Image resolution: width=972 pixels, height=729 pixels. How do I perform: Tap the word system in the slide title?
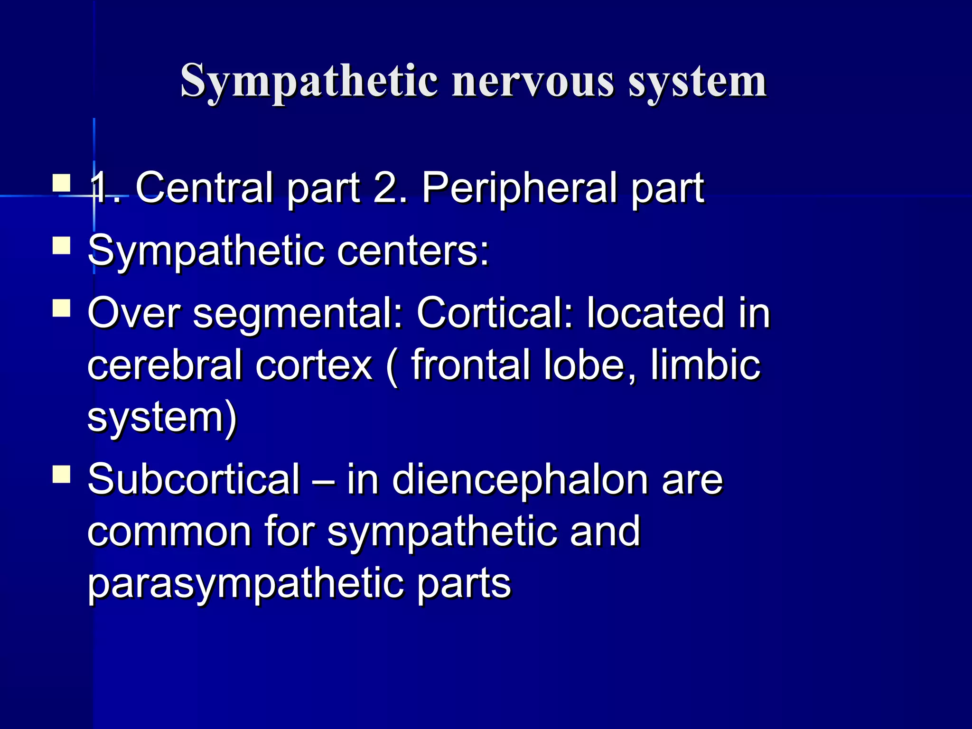coord(697,82)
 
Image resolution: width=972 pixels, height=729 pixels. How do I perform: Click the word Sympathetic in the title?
coord(309,82)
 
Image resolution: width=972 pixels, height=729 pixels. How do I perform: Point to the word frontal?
coord(470,365)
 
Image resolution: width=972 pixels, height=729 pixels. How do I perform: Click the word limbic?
coord(705,365)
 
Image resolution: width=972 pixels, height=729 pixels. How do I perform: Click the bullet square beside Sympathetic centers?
coord(62,246)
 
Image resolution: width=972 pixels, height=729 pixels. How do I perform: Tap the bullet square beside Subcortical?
coord(62,474)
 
